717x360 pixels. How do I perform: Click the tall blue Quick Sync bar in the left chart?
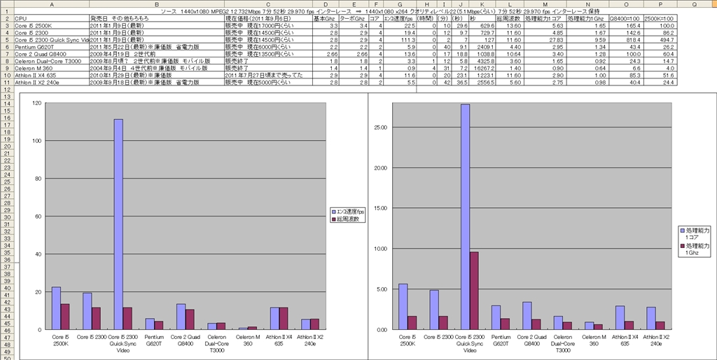tap(118, 224)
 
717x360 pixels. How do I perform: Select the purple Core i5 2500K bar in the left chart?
tap(65, 317)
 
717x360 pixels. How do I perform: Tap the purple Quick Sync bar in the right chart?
tap(473, 291)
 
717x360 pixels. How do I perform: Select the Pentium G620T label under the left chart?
tap(154, 340)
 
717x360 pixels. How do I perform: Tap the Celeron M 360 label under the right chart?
tap(594, 340)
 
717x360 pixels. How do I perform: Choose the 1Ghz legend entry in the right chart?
tap(697, 250)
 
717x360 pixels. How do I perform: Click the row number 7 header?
tap(6, 53)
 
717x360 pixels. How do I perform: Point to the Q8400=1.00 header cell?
tap(624, 18)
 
